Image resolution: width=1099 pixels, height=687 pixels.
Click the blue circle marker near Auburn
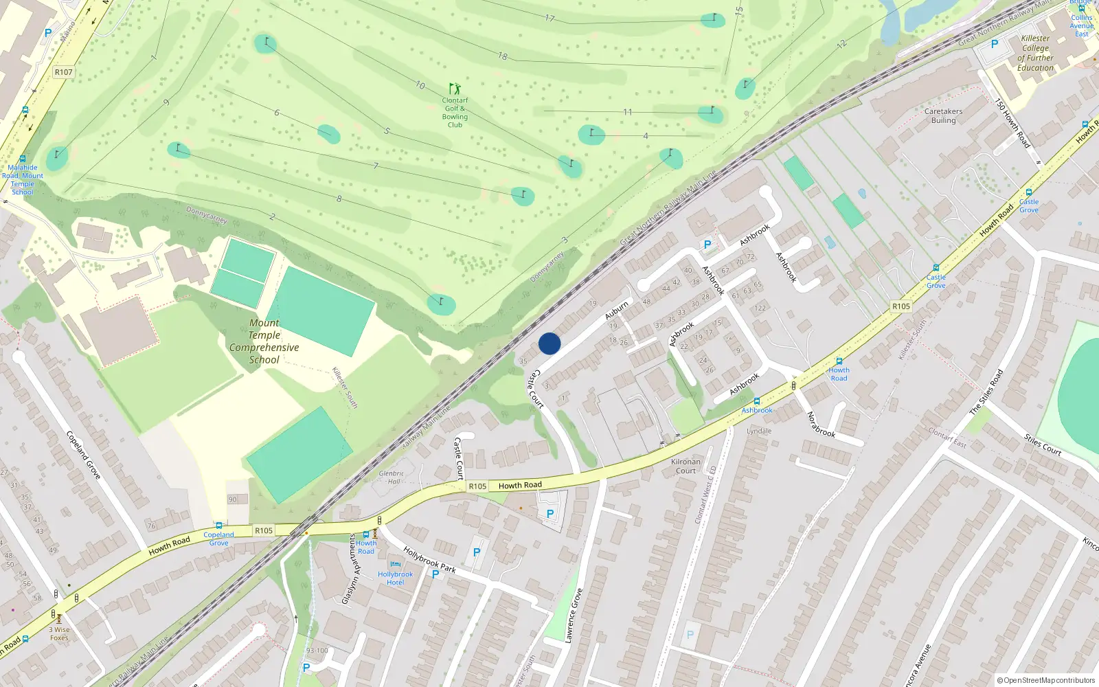[x=549, y=343]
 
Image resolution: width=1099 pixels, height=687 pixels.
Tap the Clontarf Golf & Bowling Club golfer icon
[x=455, y=89]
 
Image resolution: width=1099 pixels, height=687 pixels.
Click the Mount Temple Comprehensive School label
[x=264, y=341]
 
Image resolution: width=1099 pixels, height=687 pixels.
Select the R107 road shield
[x=63, y=72]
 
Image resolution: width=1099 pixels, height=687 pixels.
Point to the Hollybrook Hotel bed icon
[x=395, y=565]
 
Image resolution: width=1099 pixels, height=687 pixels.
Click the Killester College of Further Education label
[x=1035, y=53]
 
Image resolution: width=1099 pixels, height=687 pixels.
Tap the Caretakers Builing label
[x=943, y=115]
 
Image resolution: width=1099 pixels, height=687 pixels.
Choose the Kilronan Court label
[x=686, y=466]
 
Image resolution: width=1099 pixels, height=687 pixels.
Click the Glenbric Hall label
[x=392, y=477]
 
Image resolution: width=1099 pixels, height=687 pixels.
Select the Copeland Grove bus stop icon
[x=219, y=526]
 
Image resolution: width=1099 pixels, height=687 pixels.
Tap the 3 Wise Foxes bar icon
[x=59, y=618]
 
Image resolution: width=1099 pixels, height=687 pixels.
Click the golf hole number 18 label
[x=503, y=56]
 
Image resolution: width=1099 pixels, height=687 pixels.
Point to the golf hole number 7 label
[x=376, y=166]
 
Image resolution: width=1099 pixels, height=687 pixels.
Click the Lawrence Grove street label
[x=574, y=616]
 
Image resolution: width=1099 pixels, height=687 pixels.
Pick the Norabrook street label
[x=820, y=424]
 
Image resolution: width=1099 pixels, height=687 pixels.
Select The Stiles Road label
[x=986, y=391]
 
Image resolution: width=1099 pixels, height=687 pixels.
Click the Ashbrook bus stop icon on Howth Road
[x=757, y=401]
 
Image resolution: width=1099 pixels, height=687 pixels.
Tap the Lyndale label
[x=759, y=431]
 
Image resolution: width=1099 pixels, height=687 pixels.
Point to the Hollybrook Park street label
[x=429, y=559]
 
